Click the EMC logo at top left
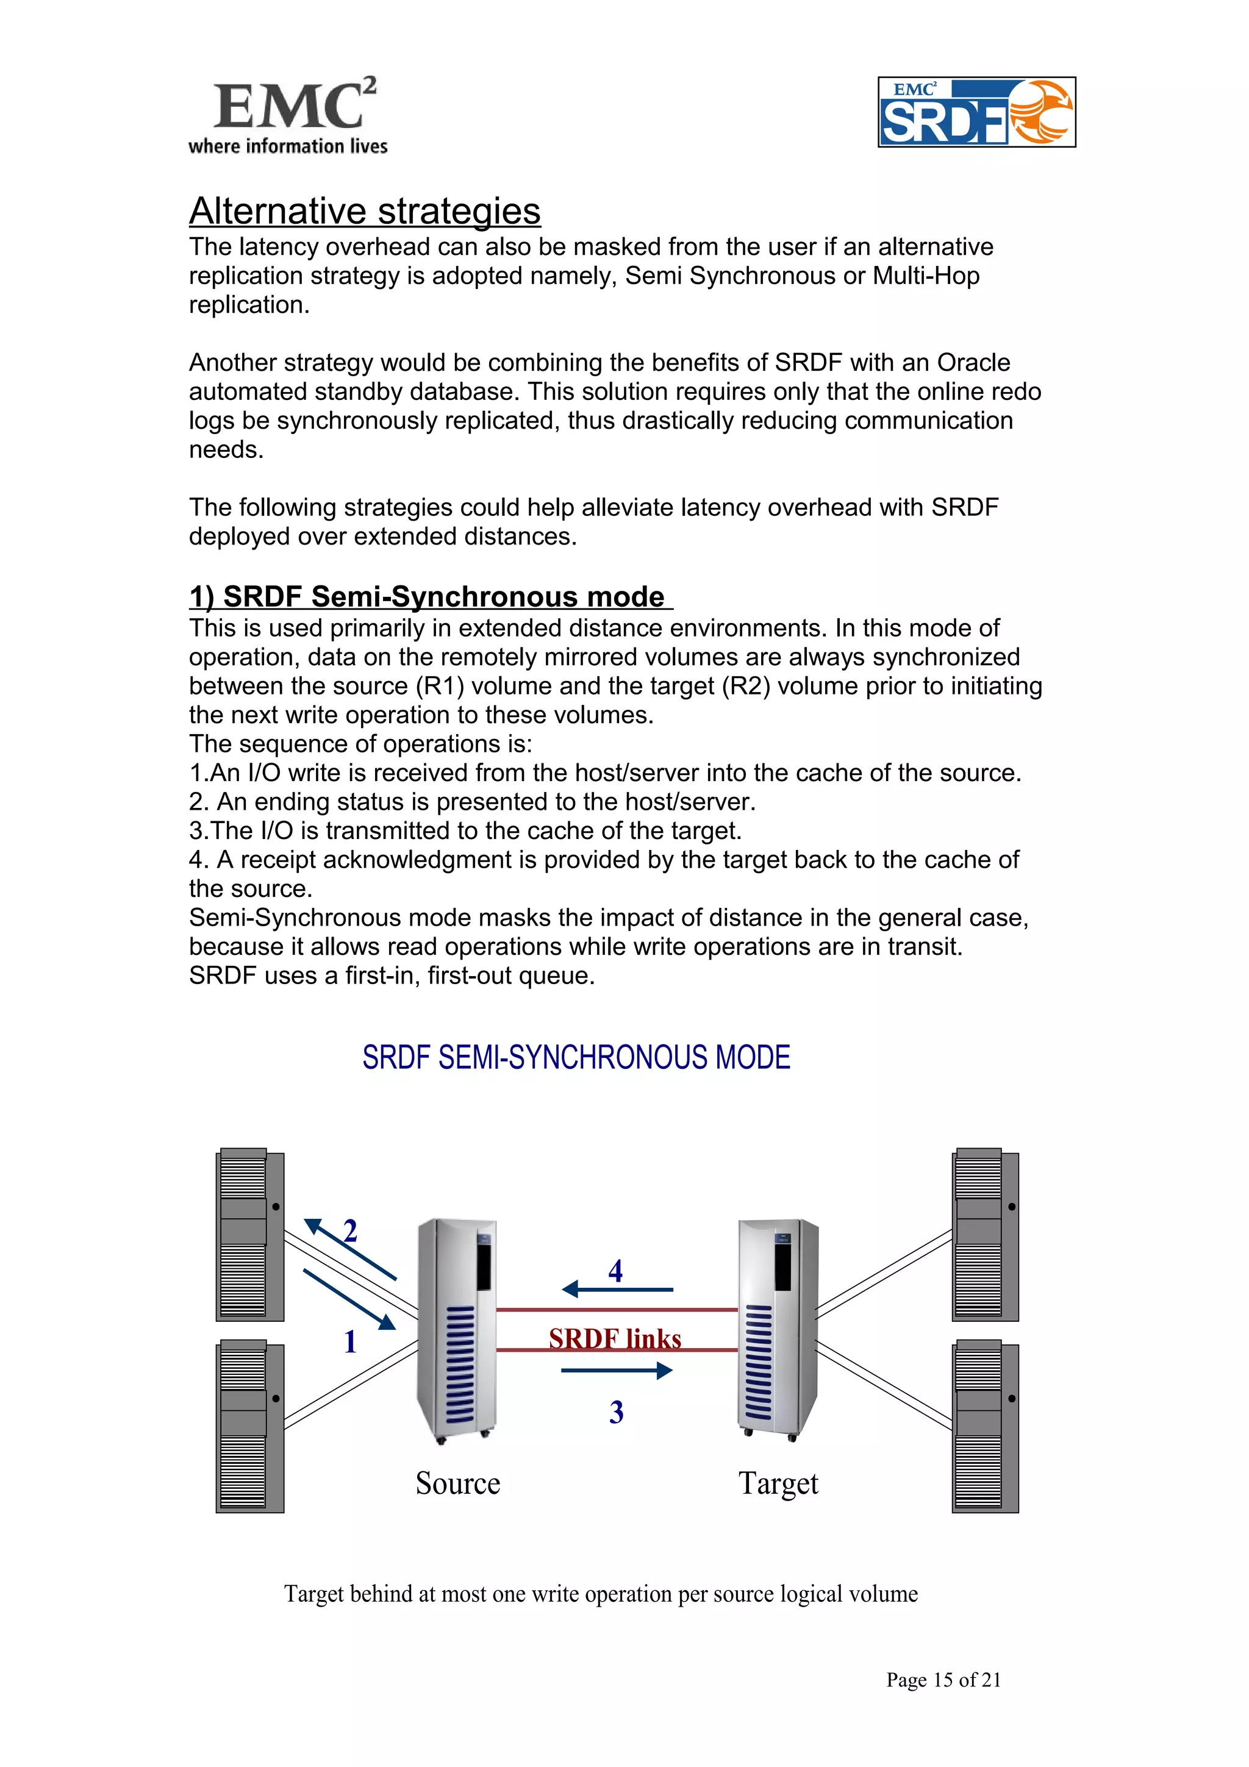tap(287, 115)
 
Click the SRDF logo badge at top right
tap(976, 112)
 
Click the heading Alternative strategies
tap(365, 211)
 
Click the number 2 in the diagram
tap(350, 1230)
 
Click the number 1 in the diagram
tap(350, 1341)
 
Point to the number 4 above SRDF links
tap(615, 1271)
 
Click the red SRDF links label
tap(614, 1339)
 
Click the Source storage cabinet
tap(456, 1329)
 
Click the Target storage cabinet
tap(777, 1329)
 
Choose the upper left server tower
tap(249, 1235)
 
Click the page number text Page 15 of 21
tap(943, 1679)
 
